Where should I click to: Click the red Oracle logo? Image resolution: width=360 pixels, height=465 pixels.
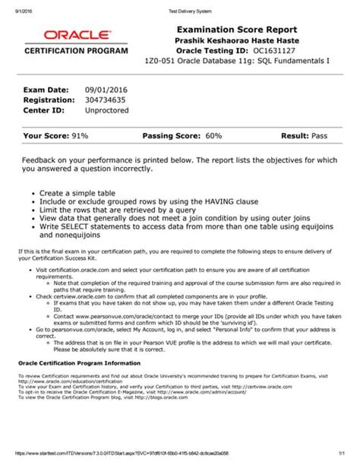(x=67, y=35)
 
